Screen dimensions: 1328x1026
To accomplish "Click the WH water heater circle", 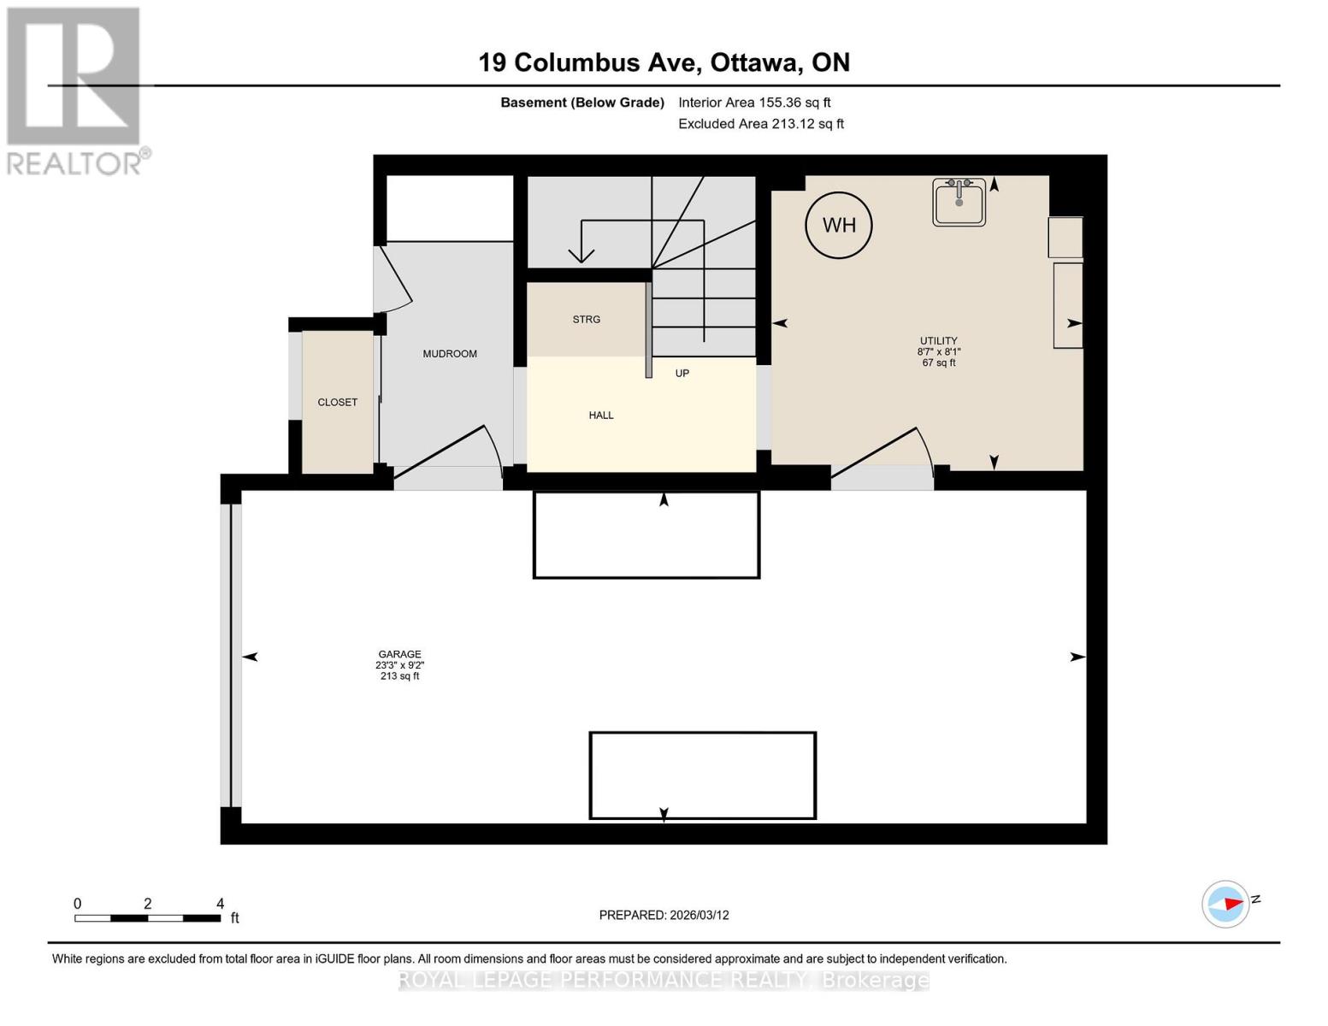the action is [x=839, y=225].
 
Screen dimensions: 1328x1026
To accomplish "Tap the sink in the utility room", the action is [x=959, y=202].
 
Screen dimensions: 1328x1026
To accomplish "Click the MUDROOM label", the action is [x=450, y=354].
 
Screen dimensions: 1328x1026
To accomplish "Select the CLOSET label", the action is [x=338, y=402].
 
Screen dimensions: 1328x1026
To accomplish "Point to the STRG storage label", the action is [x=586, y=319].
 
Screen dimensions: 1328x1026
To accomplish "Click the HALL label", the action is [x=601, y=416].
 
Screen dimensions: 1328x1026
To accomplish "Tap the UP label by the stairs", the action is [x=682, y=374].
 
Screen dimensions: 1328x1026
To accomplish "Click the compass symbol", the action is [x=1225, y=904].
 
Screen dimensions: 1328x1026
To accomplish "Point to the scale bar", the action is [x=147, y=918].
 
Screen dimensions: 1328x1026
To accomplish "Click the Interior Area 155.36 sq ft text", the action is [x=754, y=103].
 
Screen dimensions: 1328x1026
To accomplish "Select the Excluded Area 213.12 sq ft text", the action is [x=761, y=124].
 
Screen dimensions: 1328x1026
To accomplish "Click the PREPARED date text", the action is [x=664, y=916].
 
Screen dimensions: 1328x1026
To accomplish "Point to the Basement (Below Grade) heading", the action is [x=581, y=103].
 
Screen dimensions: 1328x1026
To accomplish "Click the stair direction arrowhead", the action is [x=581, y=256].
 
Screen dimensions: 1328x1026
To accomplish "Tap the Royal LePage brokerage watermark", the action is [x=664, y=980].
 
